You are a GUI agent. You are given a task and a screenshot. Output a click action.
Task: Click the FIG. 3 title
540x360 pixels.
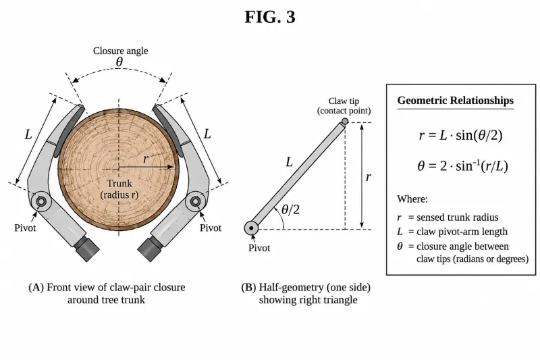coord(270,17)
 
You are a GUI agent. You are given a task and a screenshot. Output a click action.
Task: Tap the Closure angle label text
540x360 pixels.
coord(121,51)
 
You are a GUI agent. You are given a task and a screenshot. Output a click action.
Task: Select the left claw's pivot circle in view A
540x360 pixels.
coord(41,201)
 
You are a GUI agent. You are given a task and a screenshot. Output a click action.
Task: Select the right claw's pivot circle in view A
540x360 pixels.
coord(195,201)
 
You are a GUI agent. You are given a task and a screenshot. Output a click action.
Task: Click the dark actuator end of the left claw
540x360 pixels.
coord(87,249)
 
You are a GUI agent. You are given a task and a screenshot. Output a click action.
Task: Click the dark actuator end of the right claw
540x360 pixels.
coord(150,249)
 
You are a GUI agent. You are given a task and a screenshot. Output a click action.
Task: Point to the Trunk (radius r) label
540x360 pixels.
coord(119,189)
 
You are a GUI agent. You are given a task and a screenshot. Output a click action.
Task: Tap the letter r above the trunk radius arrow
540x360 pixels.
coord(145,159)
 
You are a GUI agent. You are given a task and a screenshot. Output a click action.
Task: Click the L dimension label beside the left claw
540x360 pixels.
coord(28,134)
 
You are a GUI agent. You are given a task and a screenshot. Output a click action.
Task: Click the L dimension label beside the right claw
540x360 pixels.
coord(207,134)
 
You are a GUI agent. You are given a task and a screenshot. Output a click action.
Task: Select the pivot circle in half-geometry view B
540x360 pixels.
coord(251,228)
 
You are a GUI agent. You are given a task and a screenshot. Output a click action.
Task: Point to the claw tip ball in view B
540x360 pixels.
coord(344,122)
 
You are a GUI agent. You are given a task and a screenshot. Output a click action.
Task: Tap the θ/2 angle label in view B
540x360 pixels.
coord(290,209)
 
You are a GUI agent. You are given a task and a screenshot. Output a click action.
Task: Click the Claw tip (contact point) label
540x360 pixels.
coord(344,106)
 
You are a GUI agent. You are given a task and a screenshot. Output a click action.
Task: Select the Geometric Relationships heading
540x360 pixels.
coord(455,101)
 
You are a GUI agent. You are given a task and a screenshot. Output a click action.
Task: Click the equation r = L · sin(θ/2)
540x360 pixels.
coord(460,135)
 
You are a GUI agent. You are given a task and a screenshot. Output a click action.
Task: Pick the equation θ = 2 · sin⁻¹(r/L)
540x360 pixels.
coord(462,166)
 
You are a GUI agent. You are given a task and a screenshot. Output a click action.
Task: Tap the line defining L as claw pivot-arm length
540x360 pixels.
coord(452,232)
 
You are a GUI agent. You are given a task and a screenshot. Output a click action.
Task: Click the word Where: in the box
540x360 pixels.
coord(412,199)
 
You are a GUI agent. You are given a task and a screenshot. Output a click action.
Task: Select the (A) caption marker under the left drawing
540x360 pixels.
coord(36,287)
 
